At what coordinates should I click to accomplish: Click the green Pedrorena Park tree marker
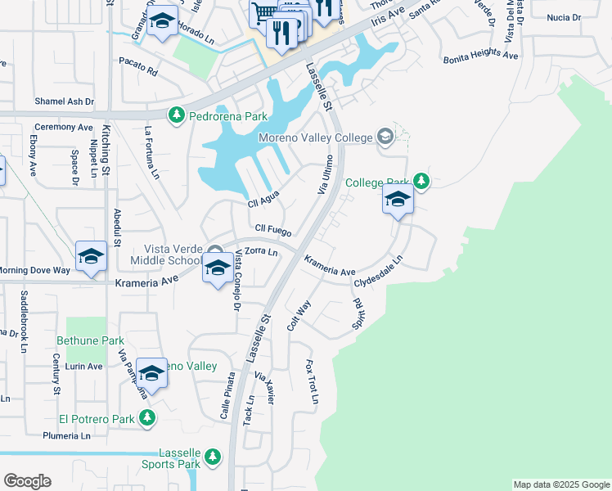pos(175,117)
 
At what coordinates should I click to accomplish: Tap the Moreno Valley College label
pos(314,137)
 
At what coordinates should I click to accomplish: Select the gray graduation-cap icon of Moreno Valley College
pos(384,137)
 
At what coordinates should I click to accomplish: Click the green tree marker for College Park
pos(421,181)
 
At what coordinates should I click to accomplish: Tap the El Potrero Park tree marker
pos(147,419)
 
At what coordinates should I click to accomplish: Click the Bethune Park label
pos(90,340)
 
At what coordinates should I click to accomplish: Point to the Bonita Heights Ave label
pos(481,57)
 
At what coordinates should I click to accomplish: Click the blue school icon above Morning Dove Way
pos(91,256)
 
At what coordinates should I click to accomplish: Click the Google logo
pos(27,481)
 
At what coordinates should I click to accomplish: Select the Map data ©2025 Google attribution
pos(560,484)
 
